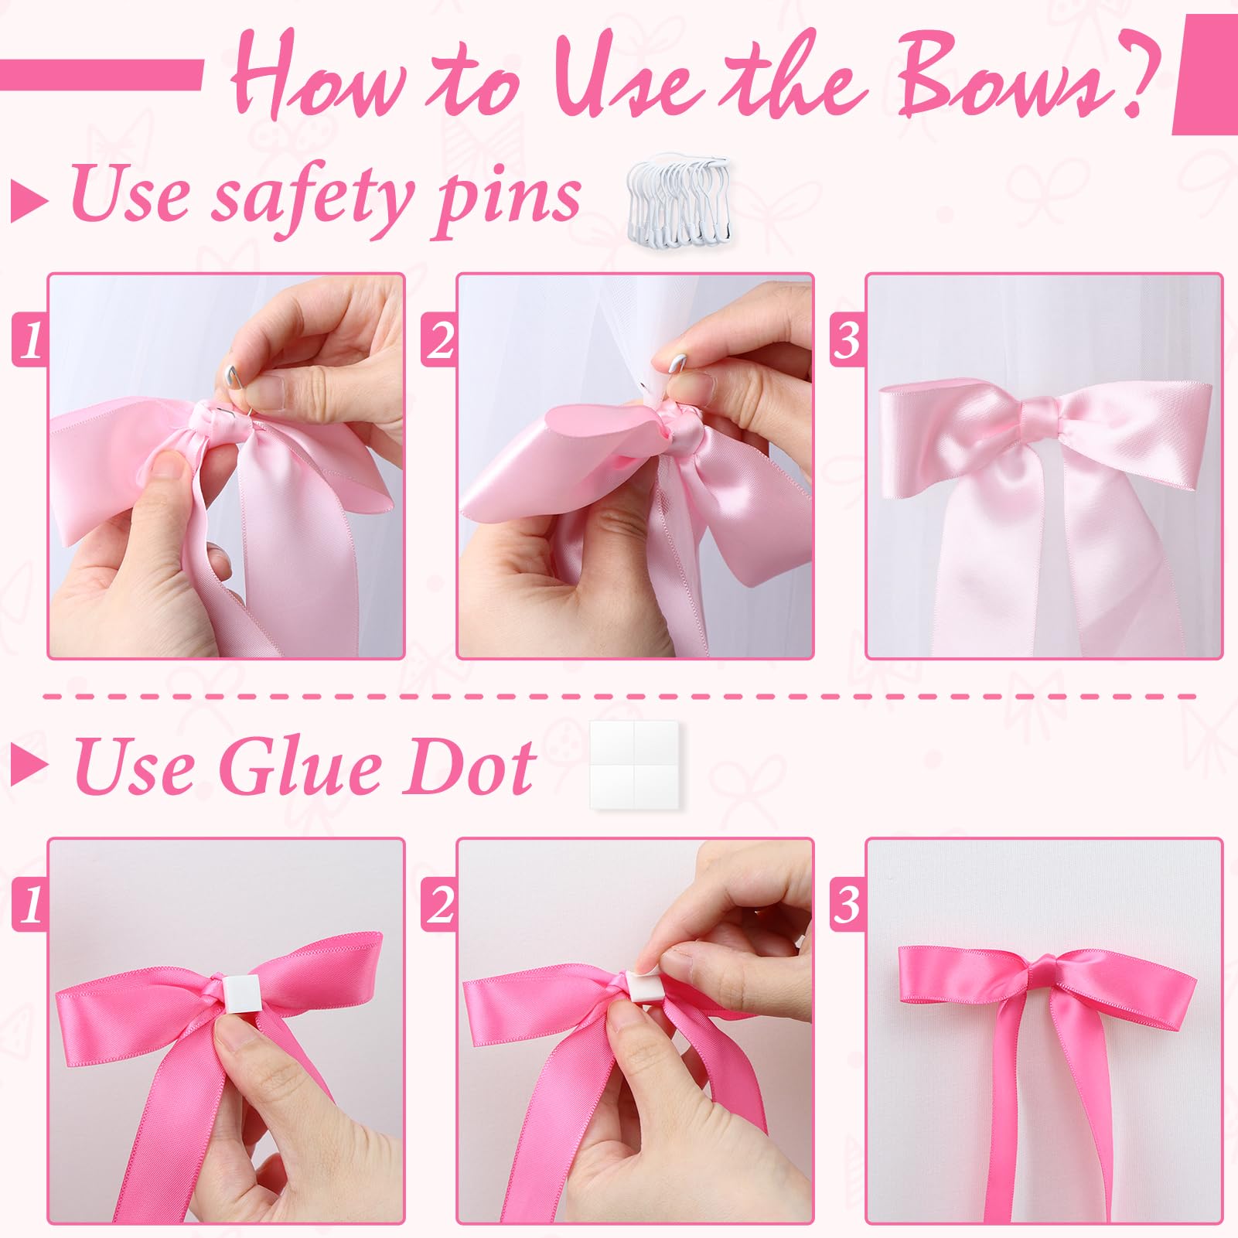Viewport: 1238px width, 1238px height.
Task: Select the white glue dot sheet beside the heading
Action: (633, 766)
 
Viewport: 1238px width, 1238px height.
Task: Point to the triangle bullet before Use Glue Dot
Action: (29, 766)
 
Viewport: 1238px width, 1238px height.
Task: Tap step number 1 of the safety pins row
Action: (30, 341)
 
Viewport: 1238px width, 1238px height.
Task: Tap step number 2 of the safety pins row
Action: (439, 341)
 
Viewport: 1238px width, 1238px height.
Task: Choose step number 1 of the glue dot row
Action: (30, 905)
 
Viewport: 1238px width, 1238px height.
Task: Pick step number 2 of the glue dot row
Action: (439, 905)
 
